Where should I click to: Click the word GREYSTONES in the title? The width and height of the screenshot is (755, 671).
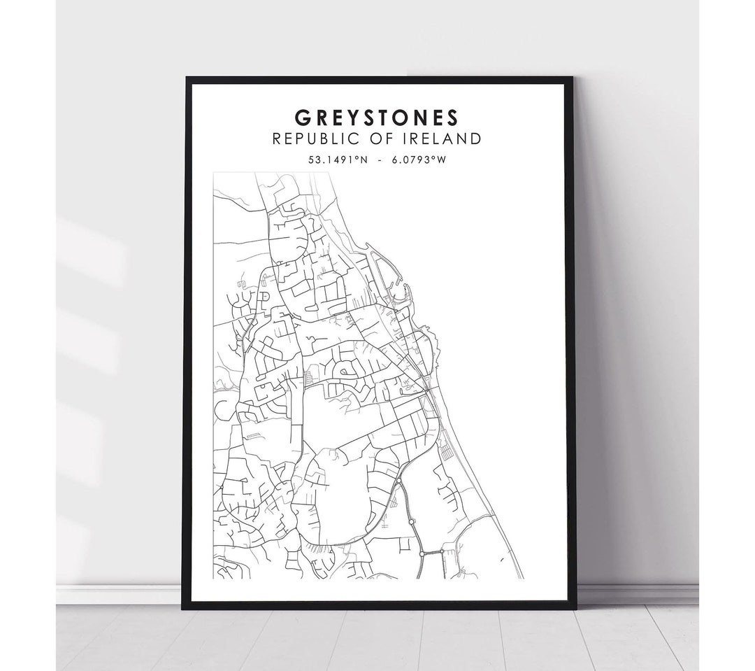coord(377,115)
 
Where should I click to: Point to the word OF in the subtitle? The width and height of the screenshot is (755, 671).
coord(385,139)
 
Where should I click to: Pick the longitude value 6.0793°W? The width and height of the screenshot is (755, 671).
coord(419,159)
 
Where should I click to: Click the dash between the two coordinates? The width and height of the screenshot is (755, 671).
coord(377,159)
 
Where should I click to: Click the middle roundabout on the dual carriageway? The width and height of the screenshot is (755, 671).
coord(412,521)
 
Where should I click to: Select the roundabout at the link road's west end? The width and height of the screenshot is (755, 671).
coord(422,553)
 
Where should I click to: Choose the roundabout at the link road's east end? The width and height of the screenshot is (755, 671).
coord(442,551)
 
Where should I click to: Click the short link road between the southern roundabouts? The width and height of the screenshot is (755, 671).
coord(432,552)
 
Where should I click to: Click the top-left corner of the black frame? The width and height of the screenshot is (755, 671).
coord(187,78)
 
